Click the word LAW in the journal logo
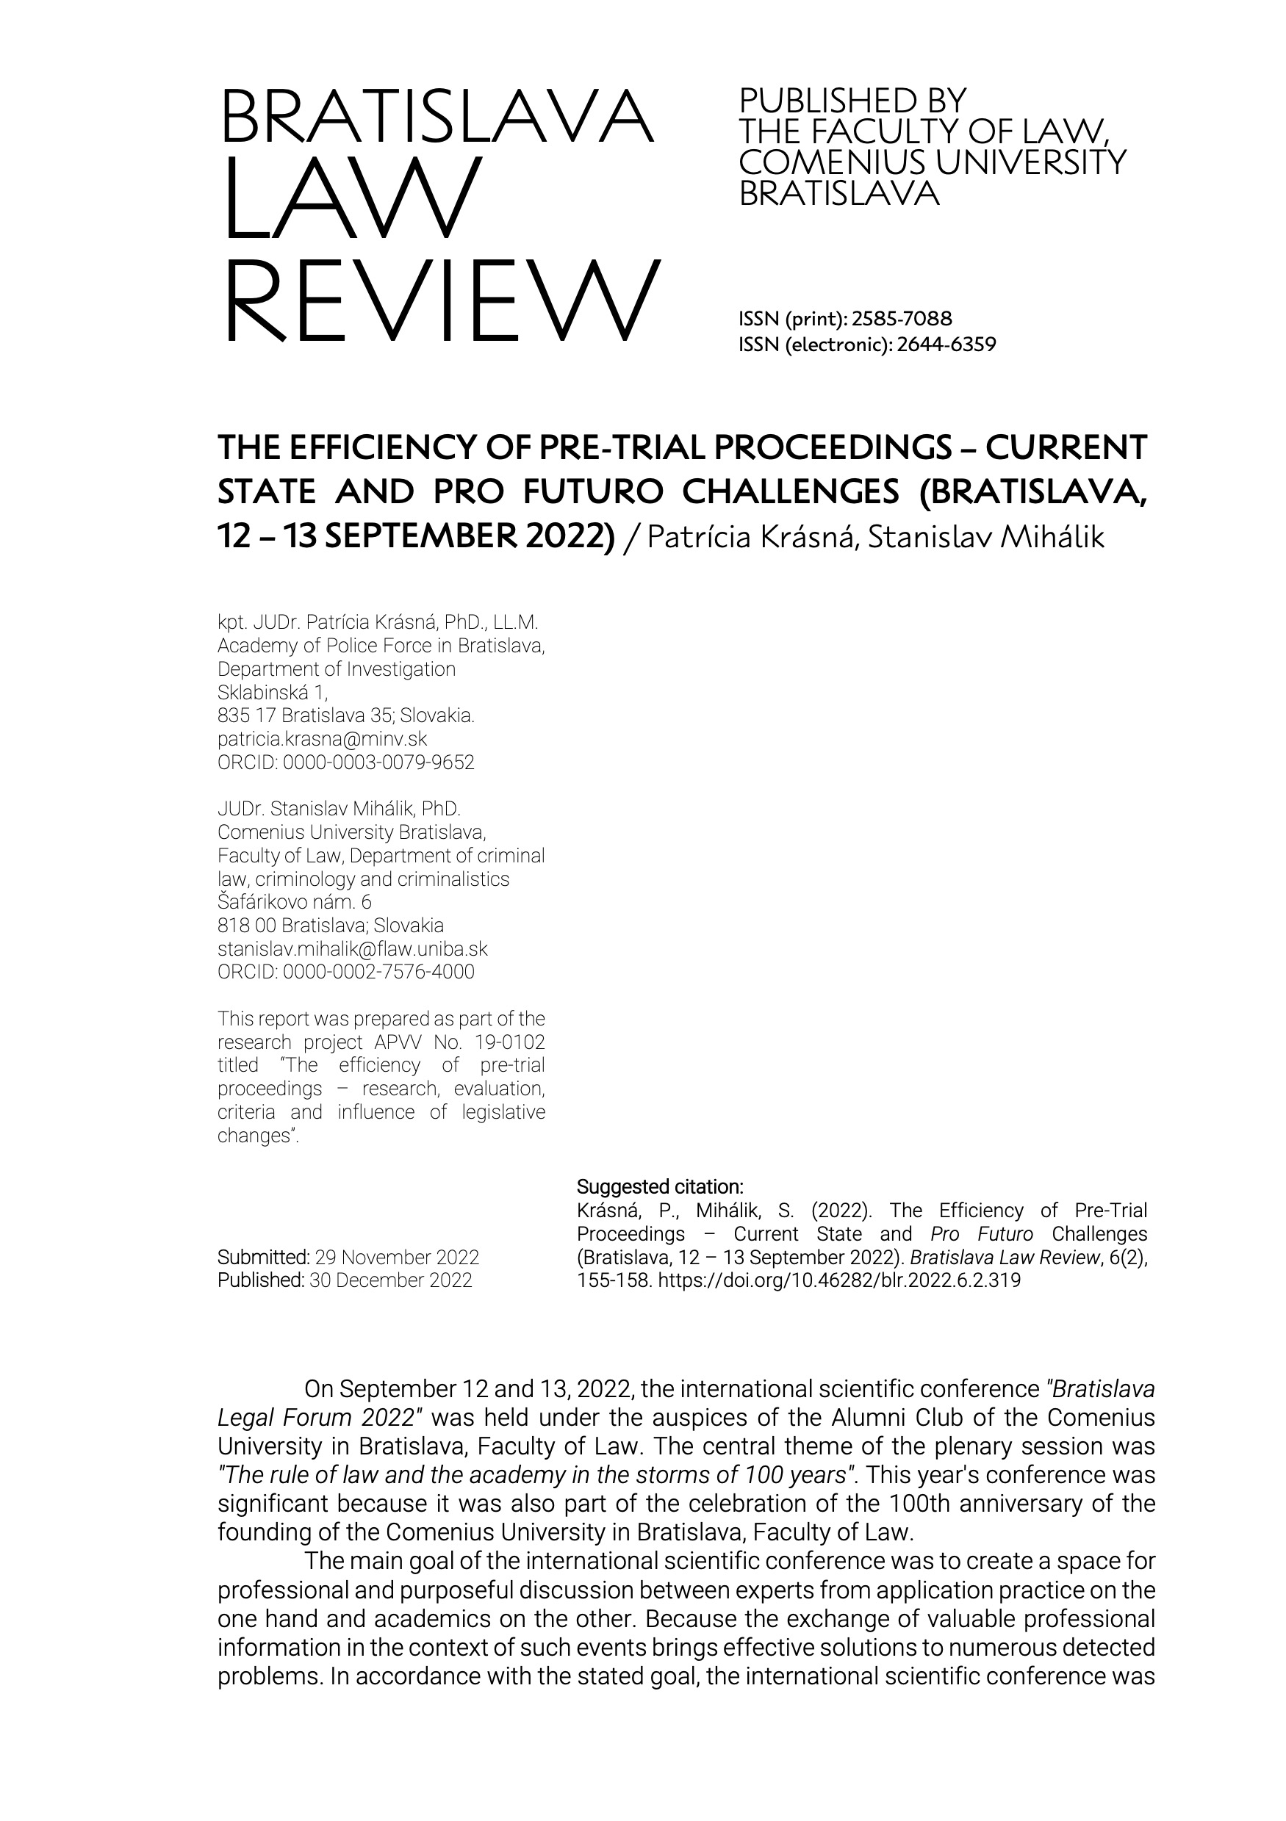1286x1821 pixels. pyautogui.click(x=352, y=198)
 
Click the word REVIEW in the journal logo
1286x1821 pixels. pyautogui.click(x=441, y=301)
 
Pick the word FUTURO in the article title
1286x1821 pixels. pyautogui.click(x=592, y=492)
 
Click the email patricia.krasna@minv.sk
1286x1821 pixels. pyautogui.click(x=322, y=739)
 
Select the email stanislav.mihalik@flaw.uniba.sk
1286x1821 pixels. pyautogui.click(x=352, y=948)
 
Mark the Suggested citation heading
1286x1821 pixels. pyautogui.click(x=659, y=1186)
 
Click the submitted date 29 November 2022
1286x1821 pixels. pyautogui.click(x=397, y=1257)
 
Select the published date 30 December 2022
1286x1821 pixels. pyautogui.click(x=390, y=1280)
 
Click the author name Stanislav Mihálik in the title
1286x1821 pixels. pyautogui.click(x=985, y=538)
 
